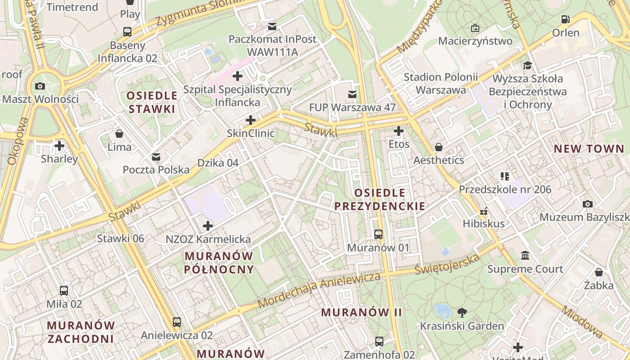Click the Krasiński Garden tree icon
coord(462,312)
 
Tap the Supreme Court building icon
coord(525,256)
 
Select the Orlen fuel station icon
coord(566,19)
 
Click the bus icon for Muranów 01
coord(378,234)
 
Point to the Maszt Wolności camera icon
coord(40,86)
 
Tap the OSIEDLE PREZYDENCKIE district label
coord(379,199)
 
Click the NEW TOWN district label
coord(589,149)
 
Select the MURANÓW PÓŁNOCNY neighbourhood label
coord(219,263)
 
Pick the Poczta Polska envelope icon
coord(156,157)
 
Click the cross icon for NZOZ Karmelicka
coord(208,225)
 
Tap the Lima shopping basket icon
coord(119,134)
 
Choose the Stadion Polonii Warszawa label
coord(441,83)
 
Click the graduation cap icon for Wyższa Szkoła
coord(527,66)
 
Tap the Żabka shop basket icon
coord(598,272)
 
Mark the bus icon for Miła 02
coord(64,291)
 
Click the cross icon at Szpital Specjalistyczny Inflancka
coord(238,76)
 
